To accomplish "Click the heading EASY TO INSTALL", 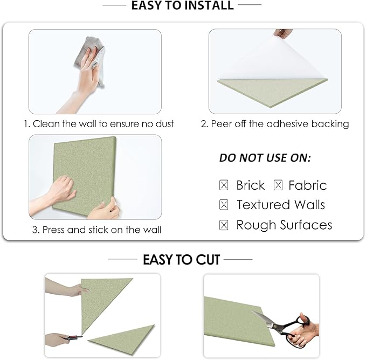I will click(x=183, y=6).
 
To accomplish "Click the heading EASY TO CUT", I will click(x=181, y=260).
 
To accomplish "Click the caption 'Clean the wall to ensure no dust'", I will click(x=99, y=124).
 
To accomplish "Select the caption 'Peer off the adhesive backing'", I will click(x=274, y=124).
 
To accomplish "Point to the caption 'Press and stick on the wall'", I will click(x=96, y=230).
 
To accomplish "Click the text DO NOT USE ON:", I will click(x=265, y=158).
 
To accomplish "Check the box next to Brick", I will click(x=224, y=185).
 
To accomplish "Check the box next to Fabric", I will click(x=278, y=185).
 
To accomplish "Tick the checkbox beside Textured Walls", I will click(x=224, y=205).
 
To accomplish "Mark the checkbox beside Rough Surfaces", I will click(x=224, y=225).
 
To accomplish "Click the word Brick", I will click(x=251, y=185).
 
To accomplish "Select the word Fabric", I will click(x=307, y=185).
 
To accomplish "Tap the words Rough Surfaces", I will click(x=284, y=225).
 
